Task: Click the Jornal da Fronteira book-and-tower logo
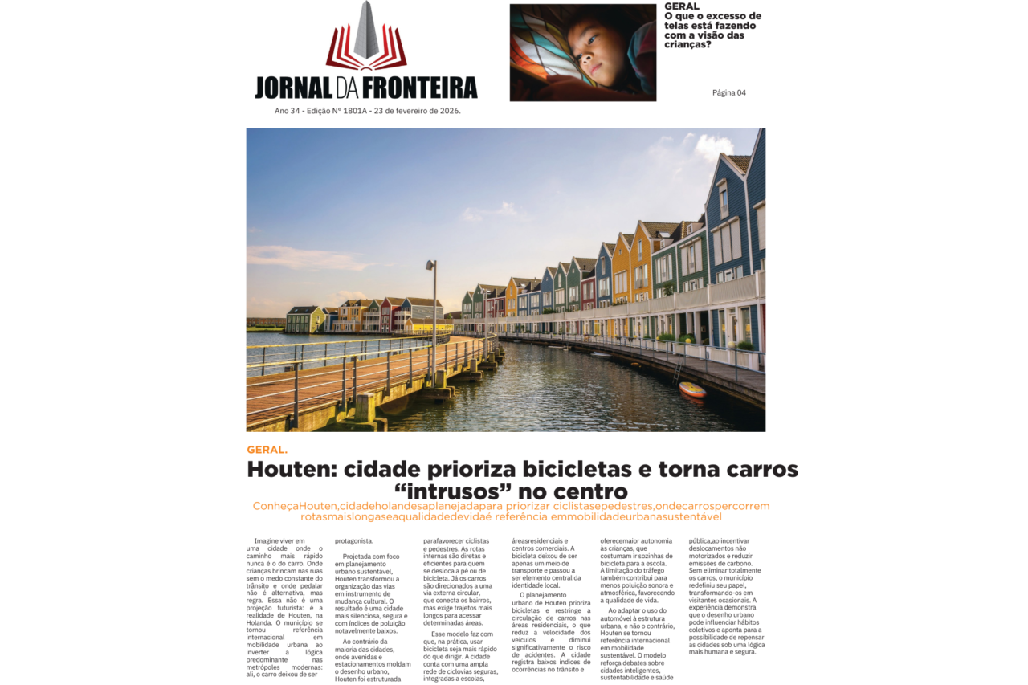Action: coord(366,37)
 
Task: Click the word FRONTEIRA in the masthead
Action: coord(420,87)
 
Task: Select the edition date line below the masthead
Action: coord(367,111)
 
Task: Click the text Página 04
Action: coord(728,92)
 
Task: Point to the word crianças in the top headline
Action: coord(687,45)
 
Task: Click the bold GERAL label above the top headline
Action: coord(682,6)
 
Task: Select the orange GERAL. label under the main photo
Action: coord(267,450)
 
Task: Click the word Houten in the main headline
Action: coord(291,469)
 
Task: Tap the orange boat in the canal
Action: coord(692,389)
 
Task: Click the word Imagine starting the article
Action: coord(268,541)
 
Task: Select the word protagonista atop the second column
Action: coord(354,541)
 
